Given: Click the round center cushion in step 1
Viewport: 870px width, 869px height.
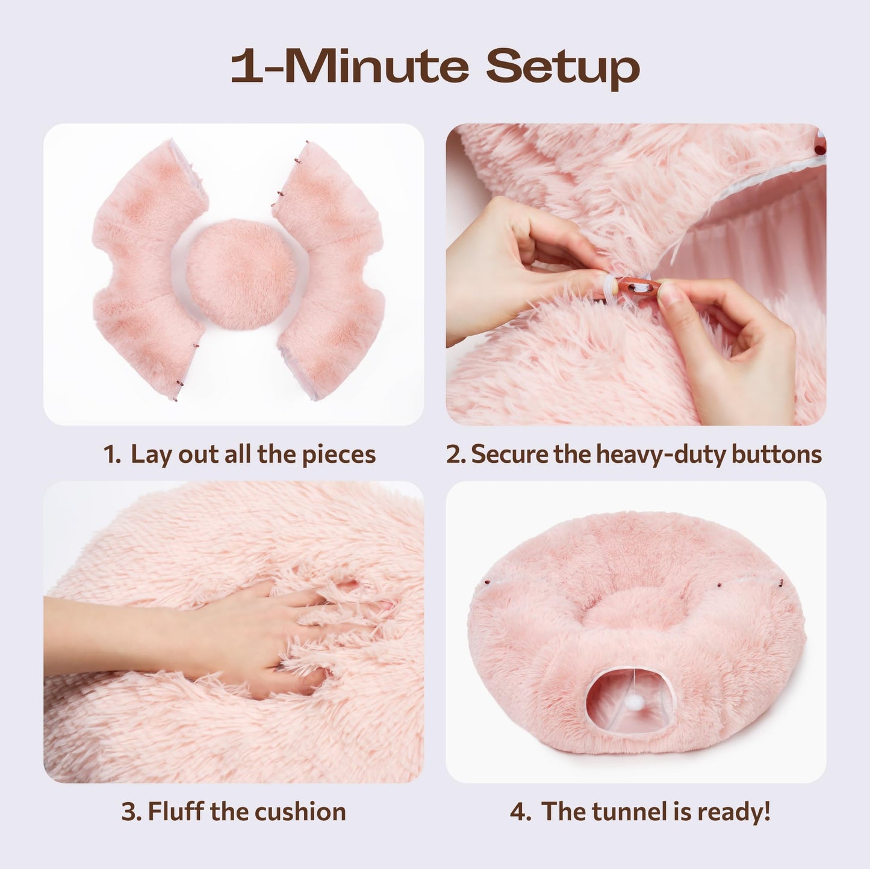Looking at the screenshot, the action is [x=241, y=274].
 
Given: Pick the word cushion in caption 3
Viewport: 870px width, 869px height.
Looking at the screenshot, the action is [x=300, y=812].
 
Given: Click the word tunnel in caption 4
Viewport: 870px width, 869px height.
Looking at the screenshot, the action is [x=626, y=812].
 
